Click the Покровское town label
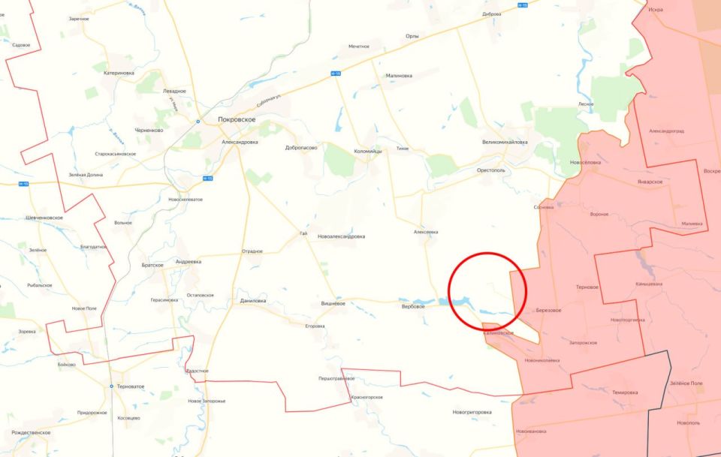click(237, 119)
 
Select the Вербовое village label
click(413, 306)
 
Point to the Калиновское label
click(499, 332)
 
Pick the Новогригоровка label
click(472, 412)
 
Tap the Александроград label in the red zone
click(666, 131)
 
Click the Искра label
click(655, 10)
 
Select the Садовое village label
click(22, 45)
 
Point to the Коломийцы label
click(368, 152)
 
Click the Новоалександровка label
click(342, 236)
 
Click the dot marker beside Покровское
click(198, 121)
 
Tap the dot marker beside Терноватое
click(112, 386)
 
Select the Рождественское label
click(31, 432)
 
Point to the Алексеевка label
click(426, 232)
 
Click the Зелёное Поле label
click(686, 383)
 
